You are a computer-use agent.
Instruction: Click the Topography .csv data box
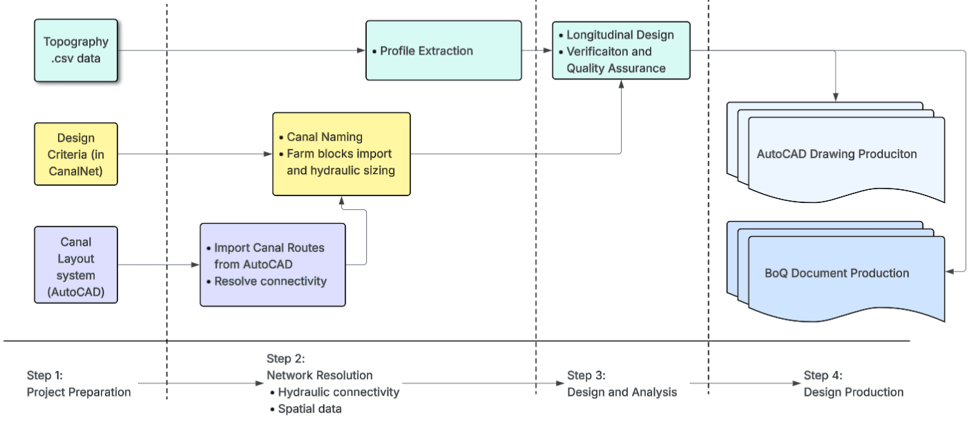click(76, 50)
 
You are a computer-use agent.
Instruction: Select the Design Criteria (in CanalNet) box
click(76, 154)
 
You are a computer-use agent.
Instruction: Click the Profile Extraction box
click(443, 50)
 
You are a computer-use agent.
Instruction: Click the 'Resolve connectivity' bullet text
click(270, 281)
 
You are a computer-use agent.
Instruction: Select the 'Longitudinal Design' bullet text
click(620, 35)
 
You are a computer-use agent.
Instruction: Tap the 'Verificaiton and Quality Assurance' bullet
click(615, 59)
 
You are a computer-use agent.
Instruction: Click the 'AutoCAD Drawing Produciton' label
click(836, 154)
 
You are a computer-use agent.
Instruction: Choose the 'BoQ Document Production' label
click(836, 273)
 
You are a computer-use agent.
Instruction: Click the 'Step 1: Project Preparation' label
click(79, 384)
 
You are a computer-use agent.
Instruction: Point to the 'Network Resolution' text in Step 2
click(319, 376)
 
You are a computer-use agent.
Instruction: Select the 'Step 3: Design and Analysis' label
click(622, 384)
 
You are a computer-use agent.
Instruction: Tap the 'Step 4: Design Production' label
click(853, 384)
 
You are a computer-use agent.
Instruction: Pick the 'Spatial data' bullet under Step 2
click(309, 409)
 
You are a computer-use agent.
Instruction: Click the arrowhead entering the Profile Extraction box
click(361, 50)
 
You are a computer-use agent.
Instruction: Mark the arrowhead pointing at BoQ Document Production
click(950, 271)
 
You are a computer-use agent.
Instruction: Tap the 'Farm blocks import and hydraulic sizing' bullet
click(340, 162)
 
